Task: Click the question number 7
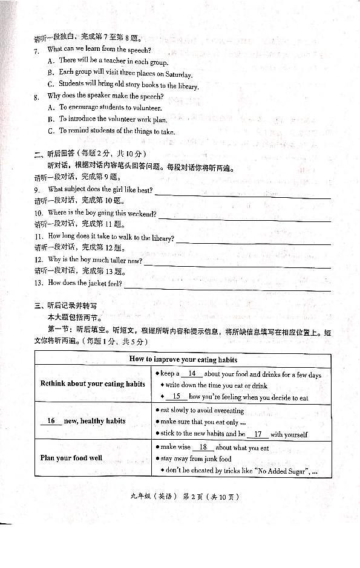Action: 36,50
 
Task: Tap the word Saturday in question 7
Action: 178,75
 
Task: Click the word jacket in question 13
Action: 89,283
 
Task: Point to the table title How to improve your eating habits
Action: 183,359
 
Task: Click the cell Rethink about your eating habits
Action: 93,384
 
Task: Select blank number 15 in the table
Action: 176,397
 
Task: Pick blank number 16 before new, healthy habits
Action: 51,421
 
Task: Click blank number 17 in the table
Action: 257,434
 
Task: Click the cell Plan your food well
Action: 71,458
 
